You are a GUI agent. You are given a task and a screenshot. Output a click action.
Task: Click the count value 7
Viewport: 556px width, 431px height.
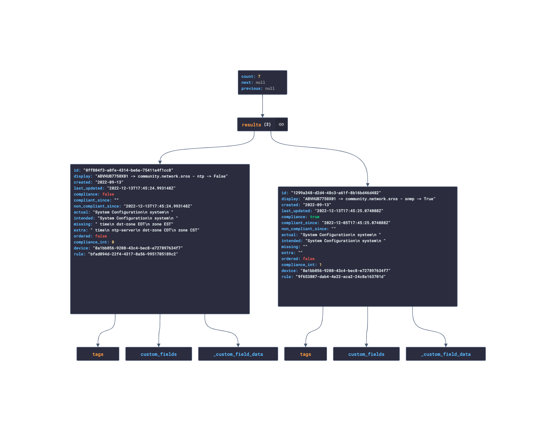(259, 76)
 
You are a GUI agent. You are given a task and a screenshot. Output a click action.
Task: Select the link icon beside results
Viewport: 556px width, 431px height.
(281, 124)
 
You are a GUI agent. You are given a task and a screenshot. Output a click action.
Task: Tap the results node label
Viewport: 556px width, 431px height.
(251, 125)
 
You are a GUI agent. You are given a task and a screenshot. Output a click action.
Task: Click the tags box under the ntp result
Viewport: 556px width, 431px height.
(98, 354)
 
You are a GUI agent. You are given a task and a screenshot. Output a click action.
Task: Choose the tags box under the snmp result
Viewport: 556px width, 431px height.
(305, 354)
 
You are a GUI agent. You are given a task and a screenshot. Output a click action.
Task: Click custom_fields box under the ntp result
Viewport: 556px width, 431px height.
(159, 354)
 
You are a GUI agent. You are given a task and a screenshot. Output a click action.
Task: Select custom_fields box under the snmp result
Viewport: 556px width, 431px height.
(366, 354)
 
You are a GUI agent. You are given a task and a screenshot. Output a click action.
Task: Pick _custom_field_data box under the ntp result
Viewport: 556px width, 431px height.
(238, 354)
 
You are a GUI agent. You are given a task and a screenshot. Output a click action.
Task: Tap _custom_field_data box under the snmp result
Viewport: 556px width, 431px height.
(446, 354)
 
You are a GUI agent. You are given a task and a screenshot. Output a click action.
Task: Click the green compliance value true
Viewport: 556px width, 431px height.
(314, 217)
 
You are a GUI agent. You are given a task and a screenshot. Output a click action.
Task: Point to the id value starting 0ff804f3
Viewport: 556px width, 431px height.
(128, 170)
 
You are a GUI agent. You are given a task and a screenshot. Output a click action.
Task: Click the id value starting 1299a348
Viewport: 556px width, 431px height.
(336, 193)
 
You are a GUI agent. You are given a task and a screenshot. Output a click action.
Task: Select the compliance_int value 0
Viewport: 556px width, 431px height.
(113, 242)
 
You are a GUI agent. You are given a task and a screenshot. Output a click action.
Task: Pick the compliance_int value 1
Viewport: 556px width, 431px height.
(320, 265)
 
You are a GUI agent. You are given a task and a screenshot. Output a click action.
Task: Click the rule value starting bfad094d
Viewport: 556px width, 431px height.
(133, 254)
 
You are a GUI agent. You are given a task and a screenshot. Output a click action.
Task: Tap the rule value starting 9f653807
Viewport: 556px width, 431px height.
(341, 277)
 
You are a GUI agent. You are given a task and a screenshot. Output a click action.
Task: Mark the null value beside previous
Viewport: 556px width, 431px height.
(270, 88)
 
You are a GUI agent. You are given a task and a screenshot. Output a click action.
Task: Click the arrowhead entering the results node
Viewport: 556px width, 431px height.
(263, 116)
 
